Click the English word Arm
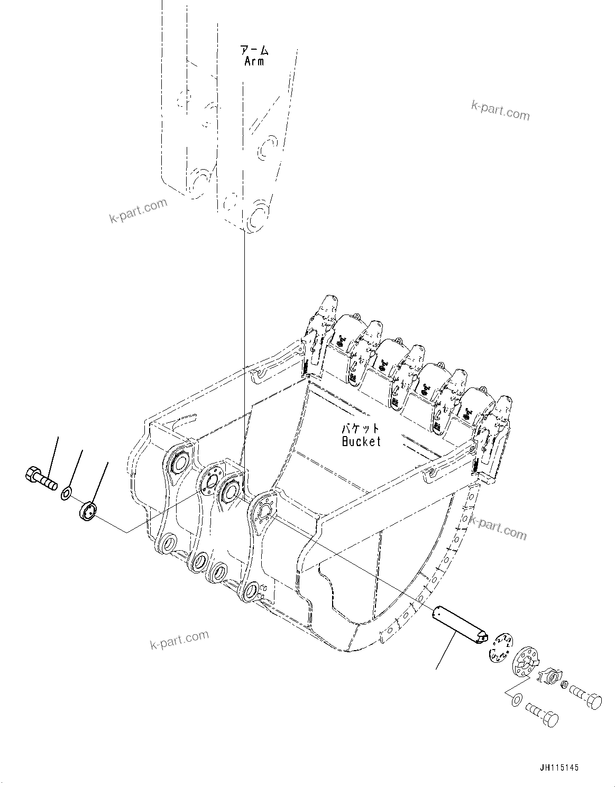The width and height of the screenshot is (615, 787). click(254, 61)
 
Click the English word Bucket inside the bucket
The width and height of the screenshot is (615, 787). click(361, 441)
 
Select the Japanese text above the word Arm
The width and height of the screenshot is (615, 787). click(254, 50)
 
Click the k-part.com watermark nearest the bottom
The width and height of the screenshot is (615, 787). click(180, 640)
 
